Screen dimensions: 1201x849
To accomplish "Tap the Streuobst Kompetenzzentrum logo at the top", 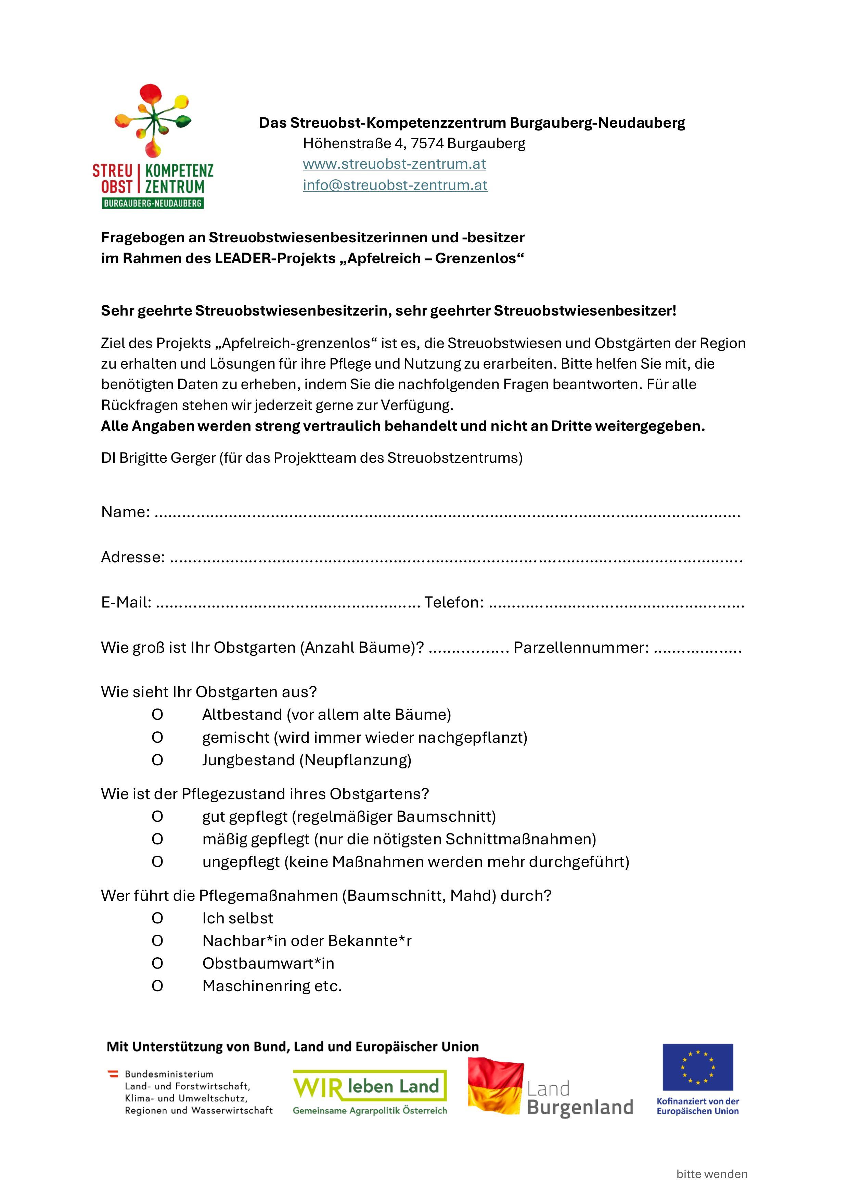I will pos(153,146).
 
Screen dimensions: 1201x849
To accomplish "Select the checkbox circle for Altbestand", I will pos(157,715).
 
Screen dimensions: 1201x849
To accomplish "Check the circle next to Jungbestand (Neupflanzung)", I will pos(157,760).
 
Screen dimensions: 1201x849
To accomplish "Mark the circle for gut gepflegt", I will pos(157,817).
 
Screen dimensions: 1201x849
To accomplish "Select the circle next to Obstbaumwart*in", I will pos(157,963).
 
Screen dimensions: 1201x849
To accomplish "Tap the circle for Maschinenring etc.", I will pos(157,986).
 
